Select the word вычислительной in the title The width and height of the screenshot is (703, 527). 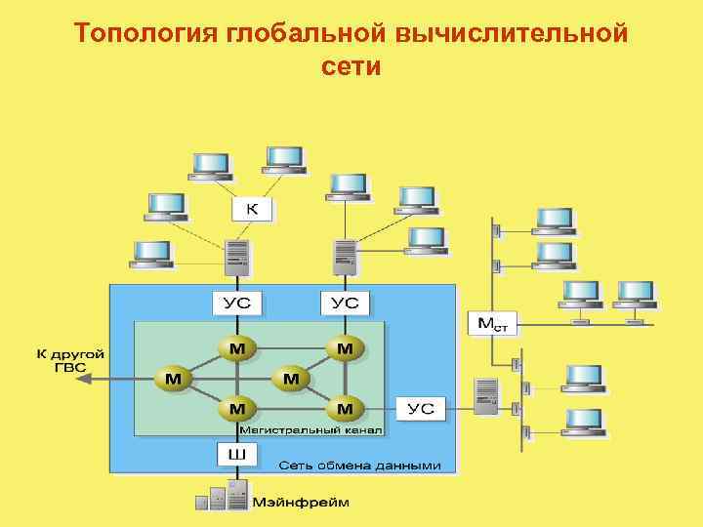511,34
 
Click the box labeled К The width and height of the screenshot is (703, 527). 252,209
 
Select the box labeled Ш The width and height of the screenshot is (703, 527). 236,455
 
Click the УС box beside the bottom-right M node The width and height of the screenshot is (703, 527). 421,407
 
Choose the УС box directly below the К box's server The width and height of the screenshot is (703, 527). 237,303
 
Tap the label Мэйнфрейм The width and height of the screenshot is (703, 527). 301,503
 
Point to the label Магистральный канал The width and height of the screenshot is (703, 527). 311,429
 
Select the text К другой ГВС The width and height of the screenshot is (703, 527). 71,361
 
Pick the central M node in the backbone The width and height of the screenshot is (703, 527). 291,377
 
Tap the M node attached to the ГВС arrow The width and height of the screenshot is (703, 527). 172,378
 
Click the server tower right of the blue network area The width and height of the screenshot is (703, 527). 486,397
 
